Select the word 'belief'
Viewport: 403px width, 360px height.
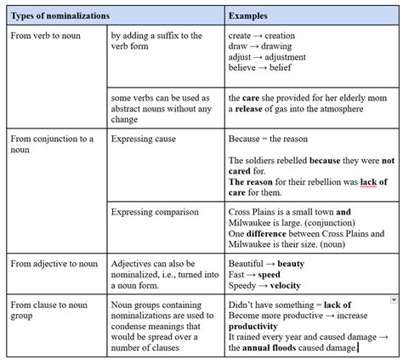pos(281,69)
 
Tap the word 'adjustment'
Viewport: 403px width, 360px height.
pos(281,58)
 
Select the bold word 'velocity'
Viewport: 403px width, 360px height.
pos(286,287)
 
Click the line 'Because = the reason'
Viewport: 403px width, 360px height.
pos(267,138)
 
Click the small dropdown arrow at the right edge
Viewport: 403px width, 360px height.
pos(394,300)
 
